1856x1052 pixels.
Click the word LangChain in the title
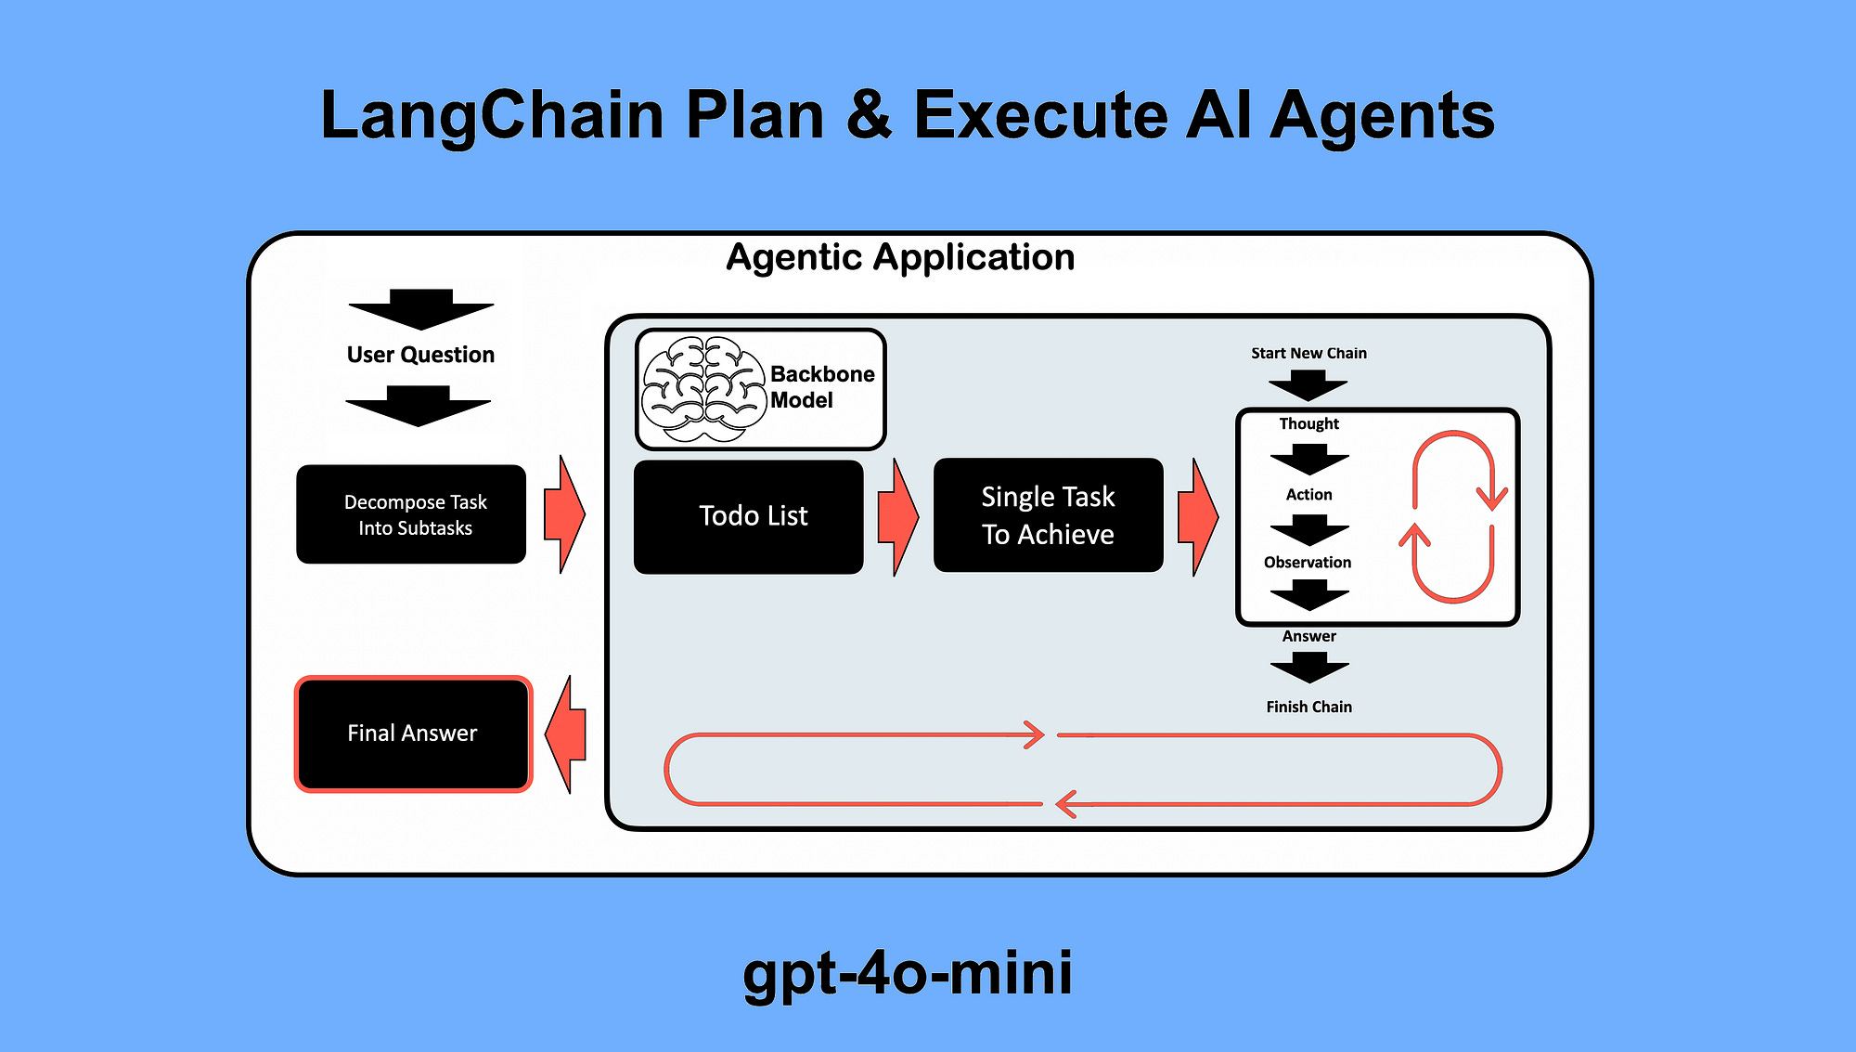tap(492, 115)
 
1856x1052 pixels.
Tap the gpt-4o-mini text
tap(907, 972)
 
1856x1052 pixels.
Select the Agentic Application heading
tap(899, 257)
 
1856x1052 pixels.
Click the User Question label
tap(420, 355)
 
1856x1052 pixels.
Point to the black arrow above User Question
tap(421, 309)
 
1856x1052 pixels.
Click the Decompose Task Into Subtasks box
tap(411, 514)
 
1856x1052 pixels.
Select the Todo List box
tap(749, 516)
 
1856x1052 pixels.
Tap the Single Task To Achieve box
tap(1048, 515)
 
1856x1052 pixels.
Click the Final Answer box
tap(413, 734)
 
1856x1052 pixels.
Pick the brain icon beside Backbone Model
tap(702, 389)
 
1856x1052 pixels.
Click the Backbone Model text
tap(820, 387)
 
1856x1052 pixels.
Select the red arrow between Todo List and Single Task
tap(897, 516)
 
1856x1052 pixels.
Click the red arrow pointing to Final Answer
tap(566, 734)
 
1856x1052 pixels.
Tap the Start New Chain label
tap(1308, 353)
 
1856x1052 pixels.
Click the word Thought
tap(1308, 423)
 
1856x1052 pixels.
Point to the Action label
tap(1308, 495)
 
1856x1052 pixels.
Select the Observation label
tap(1307, 563)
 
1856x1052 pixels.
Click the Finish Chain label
tap(1308, 707)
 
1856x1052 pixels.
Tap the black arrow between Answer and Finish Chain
tap(1309, 667)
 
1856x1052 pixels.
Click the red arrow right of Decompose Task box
tap(563, 514)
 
